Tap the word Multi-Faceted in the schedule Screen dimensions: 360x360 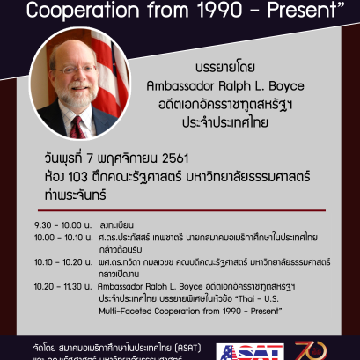[x=124, y=309]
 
